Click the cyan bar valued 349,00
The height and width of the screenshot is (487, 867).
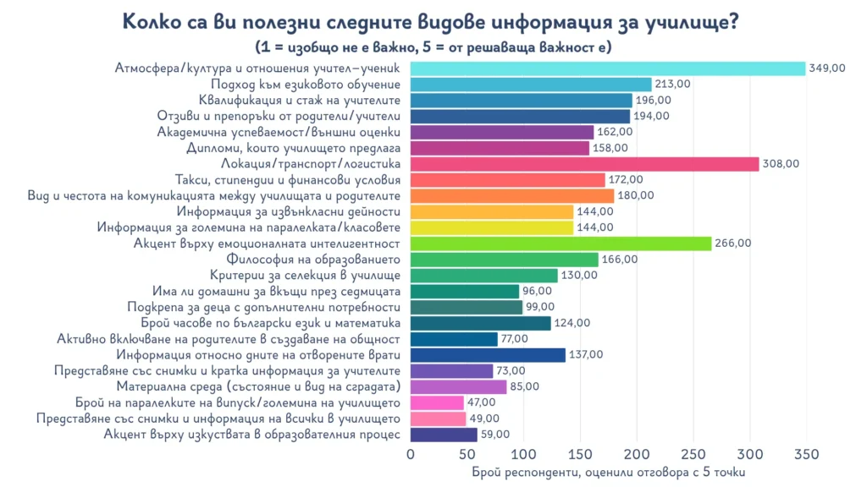[607, 68]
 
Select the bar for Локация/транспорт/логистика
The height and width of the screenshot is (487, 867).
[584, 164]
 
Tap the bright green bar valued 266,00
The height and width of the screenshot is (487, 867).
[561, 243]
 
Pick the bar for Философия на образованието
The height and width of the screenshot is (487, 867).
[504, 260]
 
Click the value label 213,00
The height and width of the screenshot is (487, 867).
[673, 85]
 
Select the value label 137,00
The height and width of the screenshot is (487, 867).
[586, 355]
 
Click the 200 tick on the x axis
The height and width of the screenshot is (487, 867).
[637, 454]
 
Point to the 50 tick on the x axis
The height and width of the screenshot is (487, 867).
[467, 454]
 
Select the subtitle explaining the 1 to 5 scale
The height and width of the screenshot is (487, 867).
[433, 47]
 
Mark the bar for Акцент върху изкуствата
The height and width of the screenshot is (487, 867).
[444, 435]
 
